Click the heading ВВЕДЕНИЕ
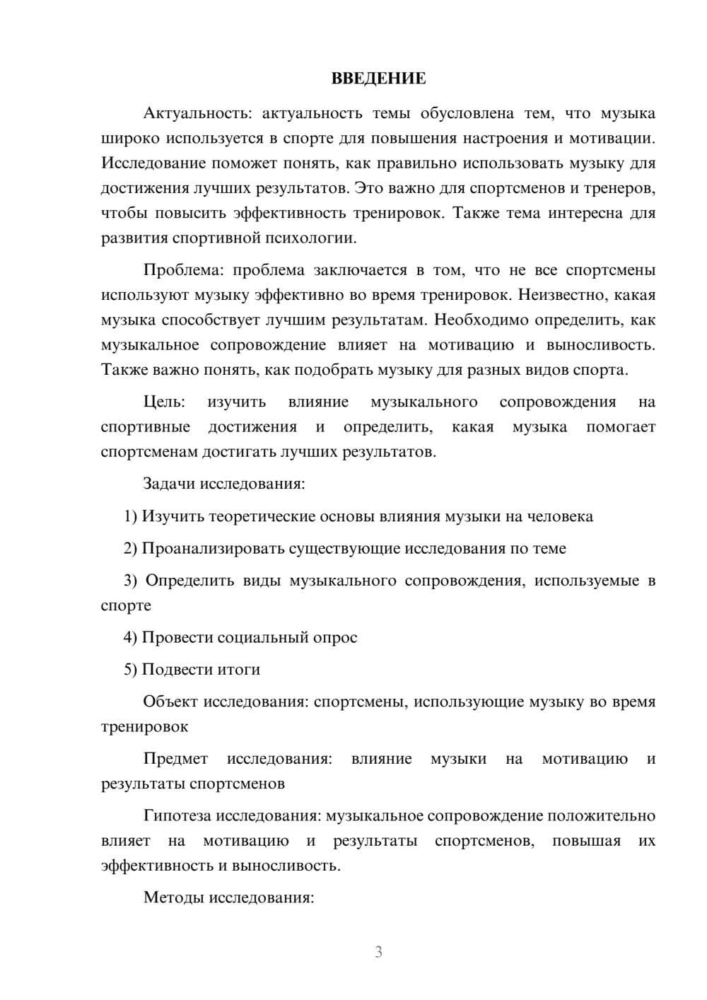[x=378, y=79]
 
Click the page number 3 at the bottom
[x=378, y=953]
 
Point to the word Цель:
[x=164, y=402]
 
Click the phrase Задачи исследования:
[x=223, y=484]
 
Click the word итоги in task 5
[x=242, y=669]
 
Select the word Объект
[x=170, y=702]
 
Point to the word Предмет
[x=175, y=759]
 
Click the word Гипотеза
[x=177, y=815]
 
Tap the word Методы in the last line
[x=170, y=897]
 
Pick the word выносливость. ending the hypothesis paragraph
[x=286, y=866]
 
